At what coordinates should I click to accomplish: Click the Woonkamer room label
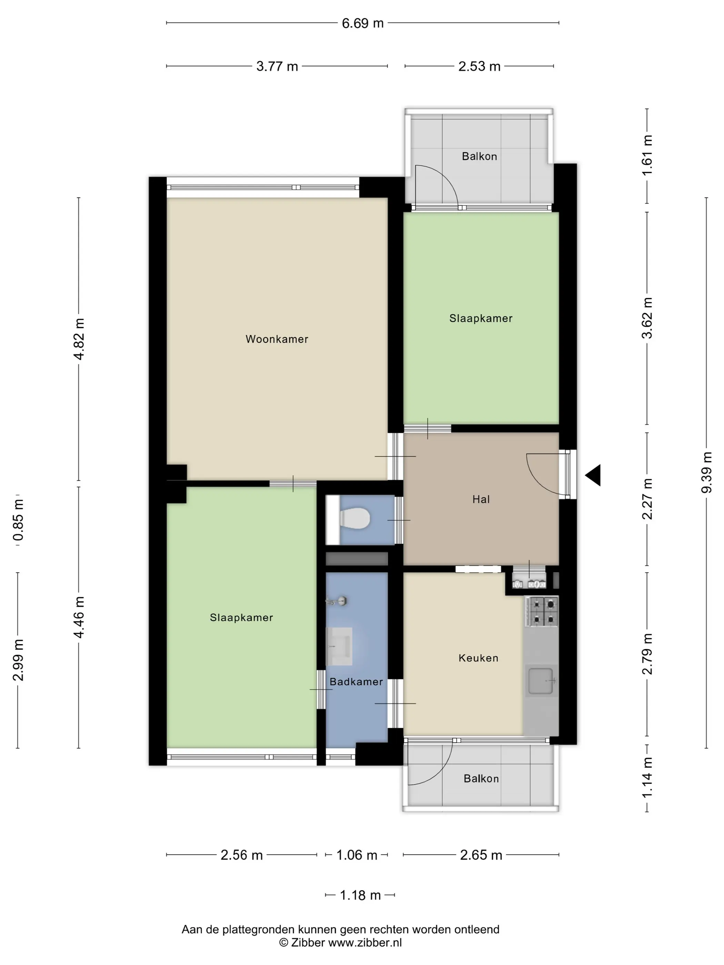(x=277, y=339)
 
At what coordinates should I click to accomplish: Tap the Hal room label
(x=481, y=499)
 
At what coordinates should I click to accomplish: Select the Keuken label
(x=478, y=658)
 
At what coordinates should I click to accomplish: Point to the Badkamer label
(x=356, y=681)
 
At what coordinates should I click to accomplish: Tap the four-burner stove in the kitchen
(x=542, y=612)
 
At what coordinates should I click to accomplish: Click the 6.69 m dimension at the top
(x=363, y=23)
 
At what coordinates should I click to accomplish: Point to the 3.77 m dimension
(x=277, y=66)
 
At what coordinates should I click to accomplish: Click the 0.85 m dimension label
(x=18, y=520)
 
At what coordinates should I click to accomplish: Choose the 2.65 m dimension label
(x=481, y=855)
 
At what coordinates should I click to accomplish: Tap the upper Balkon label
(x=480, y=156)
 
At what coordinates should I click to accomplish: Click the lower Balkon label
(x=481, y=779)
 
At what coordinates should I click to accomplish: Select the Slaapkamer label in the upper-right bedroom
(x=481, y=318)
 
